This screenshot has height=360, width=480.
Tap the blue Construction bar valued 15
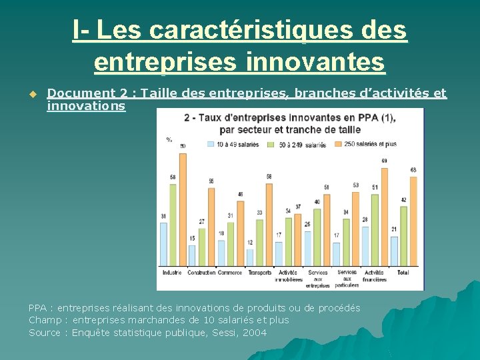tap(192, 255)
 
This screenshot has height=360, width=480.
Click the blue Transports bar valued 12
tap(250, 257)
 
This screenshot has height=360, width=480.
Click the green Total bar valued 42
tap(403, 234)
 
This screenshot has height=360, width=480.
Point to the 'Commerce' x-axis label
tap(230, 272)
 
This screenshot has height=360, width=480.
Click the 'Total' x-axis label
tap(403, 272)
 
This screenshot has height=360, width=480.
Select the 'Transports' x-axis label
tap(259, 272)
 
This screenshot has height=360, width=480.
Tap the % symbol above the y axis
tap(169, 139)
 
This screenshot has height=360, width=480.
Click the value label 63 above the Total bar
tap(413, 170)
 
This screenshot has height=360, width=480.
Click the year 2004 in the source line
tap(255, 333)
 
